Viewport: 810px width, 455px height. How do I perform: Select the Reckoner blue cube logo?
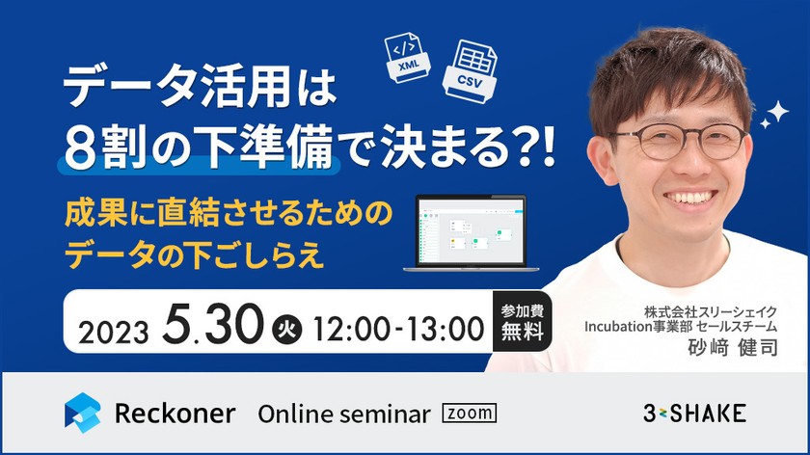[x=83, y=413]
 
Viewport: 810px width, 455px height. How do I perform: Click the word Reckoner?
[x=175, y=414]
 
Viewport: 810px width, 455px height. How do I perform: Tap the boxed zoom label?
[x=469, y=414]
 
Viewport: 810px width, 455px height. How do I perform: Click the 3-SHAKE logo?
[x=694, y=414]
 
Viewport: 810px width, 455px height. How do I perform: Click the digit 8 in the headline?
[x=80, y=147]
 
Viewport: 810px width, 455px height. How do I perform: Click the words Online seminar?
[x=343, y=415]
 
